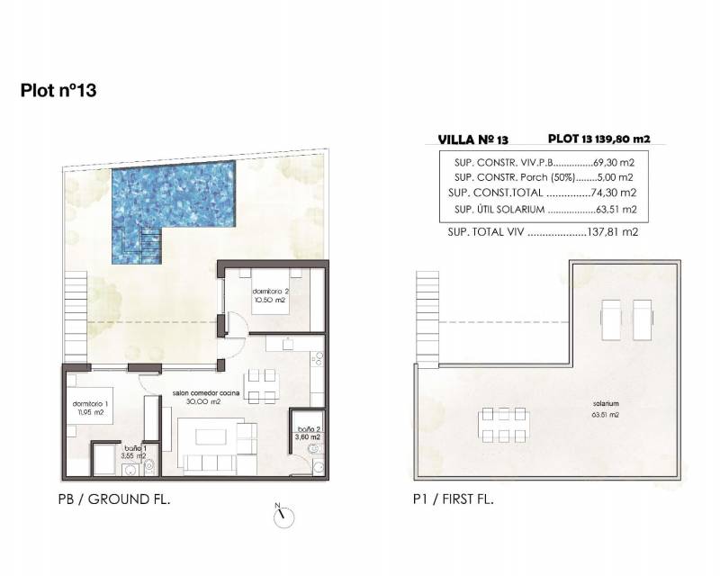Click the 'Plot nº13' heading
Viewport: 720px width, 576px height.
(x=58, y=90)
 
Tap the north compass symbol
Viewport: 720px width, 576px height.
(x=283, y=517)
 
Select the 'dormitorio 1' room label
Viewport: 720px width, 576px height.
(x=90, y=408)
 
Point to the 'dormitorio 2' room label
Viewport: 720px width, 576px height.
(x=271, y=295)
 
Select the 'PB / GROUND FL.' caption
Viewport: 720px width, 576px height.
(x=114, y=499)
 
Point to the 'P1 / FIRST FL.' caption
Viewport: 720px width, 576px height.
(x=454, y=499)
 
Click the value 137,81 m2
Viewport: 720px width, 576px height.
(x=613, y=232)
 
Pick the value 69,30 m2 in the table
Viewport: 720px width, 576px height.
(x=614, y=162)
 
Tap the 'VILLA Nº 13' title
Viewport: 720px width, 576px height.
(x=473, y=139)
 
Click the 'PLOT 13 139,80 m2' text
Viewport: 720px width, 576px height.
(x=598, y=139)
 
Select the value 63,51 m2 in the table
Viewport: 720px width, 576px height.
(x=616, y=210)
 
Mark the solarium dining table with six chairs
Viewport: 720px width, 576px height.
(x=503, y=426)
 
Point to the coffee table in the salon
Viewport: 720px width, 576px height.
(x=211, y=436)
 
